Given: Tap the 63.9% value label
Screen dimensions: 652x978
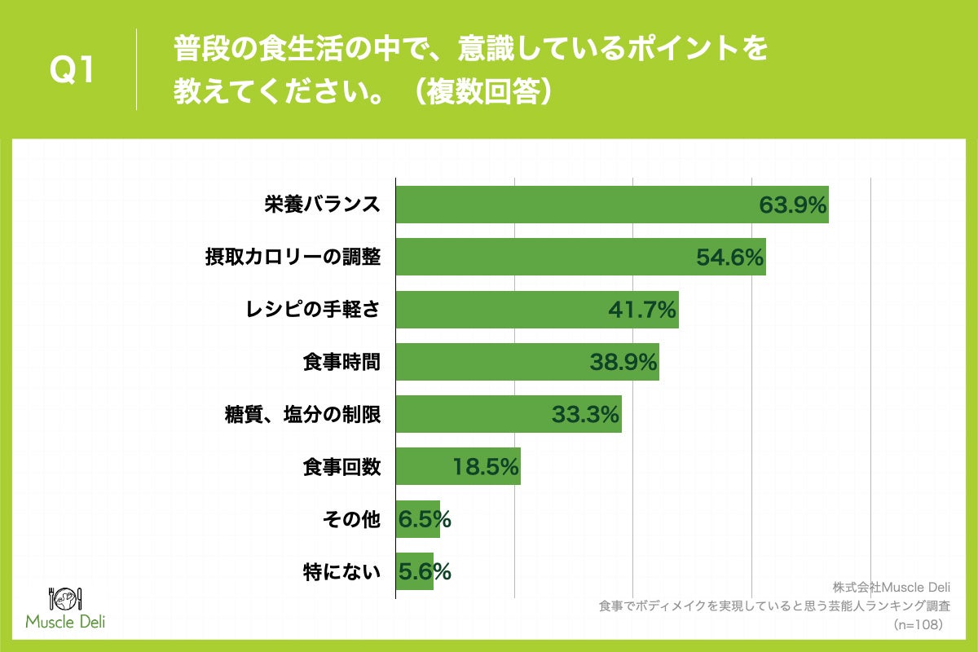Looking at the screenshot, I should (793, 205).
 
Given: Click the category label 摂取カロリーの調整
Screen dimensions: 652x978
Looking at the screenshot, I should (293, 258).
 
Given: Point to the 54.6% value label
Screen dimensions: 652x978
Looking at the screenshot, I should (729, 258).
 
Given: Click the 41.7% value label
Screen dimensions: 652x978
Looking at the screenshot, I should (642, 310).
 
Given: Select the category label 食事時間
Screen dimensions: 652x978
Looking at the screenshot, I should (341, 362).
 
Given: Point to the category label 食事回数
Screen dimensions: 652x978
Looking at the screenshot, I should (341, 467).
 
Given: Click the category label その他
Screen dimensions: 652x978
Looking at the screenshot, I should (351, 519).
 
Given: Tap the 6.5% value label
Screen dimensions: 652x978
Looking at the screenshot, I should (425, 519).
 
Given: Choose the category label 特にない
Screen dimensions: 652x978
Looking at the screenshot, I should (341, 572).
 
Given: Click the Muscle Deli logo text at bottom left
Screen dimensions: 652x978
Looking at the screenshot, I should (65, 622).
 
